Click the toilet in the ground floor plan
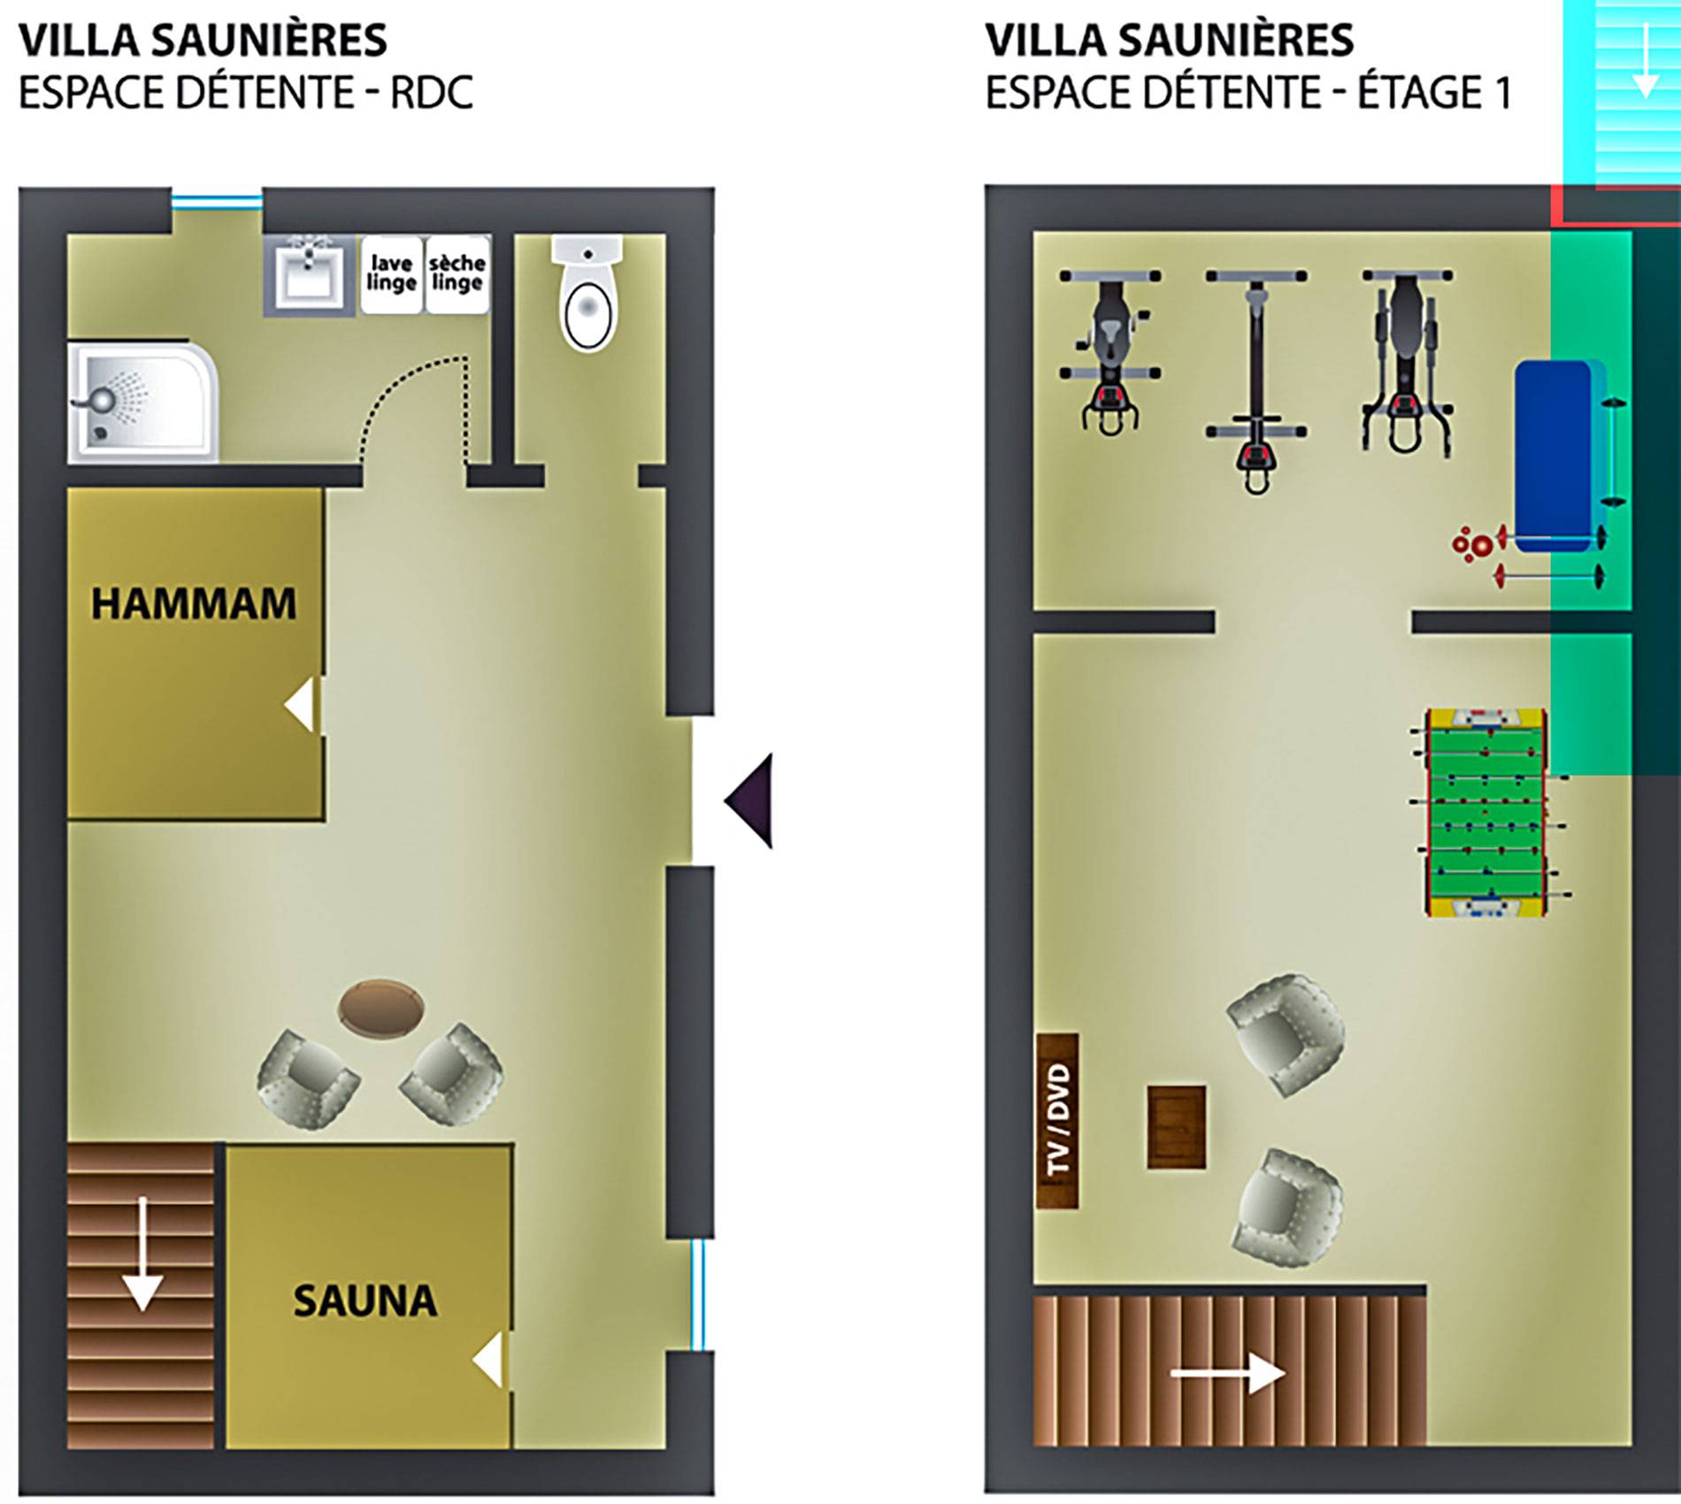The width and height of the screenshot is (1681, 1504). click(x=587, y=293)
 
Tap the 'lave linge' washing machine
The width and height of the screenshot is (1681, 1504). click(x=392, y=274)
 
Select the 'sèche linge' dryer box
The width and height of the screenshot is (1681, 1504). click(x=457, y=274)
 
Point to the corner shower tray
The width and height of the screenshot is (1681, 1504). click(x=142, y=402)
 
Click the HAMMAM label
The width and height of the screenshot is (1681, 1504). click(x=194, y=604)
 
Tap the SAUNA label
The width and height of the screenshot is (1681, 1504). click(x=365, y=1301)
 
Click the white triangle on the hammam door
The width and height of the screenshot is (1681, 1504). click(x=301, y=705)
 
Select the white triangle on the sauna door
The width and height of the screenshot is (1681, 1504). click(x=488, y=1360)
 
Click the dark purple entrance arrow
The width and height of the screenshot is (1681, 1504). click(x=749, y=801)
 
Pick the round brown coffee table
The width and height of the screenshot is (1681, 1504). click(x=381, y=1007)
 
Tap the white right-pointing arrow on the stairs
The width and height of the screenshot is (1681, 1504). click(x=1228, y=1373)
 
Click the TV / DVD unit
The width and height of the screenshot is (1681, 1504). click(x=1057, y=1121)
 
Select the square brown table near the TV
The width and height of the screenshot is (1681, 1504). click(x=1177, y=1127)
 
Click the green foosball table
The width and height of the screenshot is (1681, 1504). click(x=1486, y=812)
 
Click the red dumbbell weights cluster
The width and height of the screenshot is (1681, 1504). click(x=1473, y=544)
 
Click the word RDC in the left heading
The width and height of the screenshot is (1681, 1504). click(x=432, y=93)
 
